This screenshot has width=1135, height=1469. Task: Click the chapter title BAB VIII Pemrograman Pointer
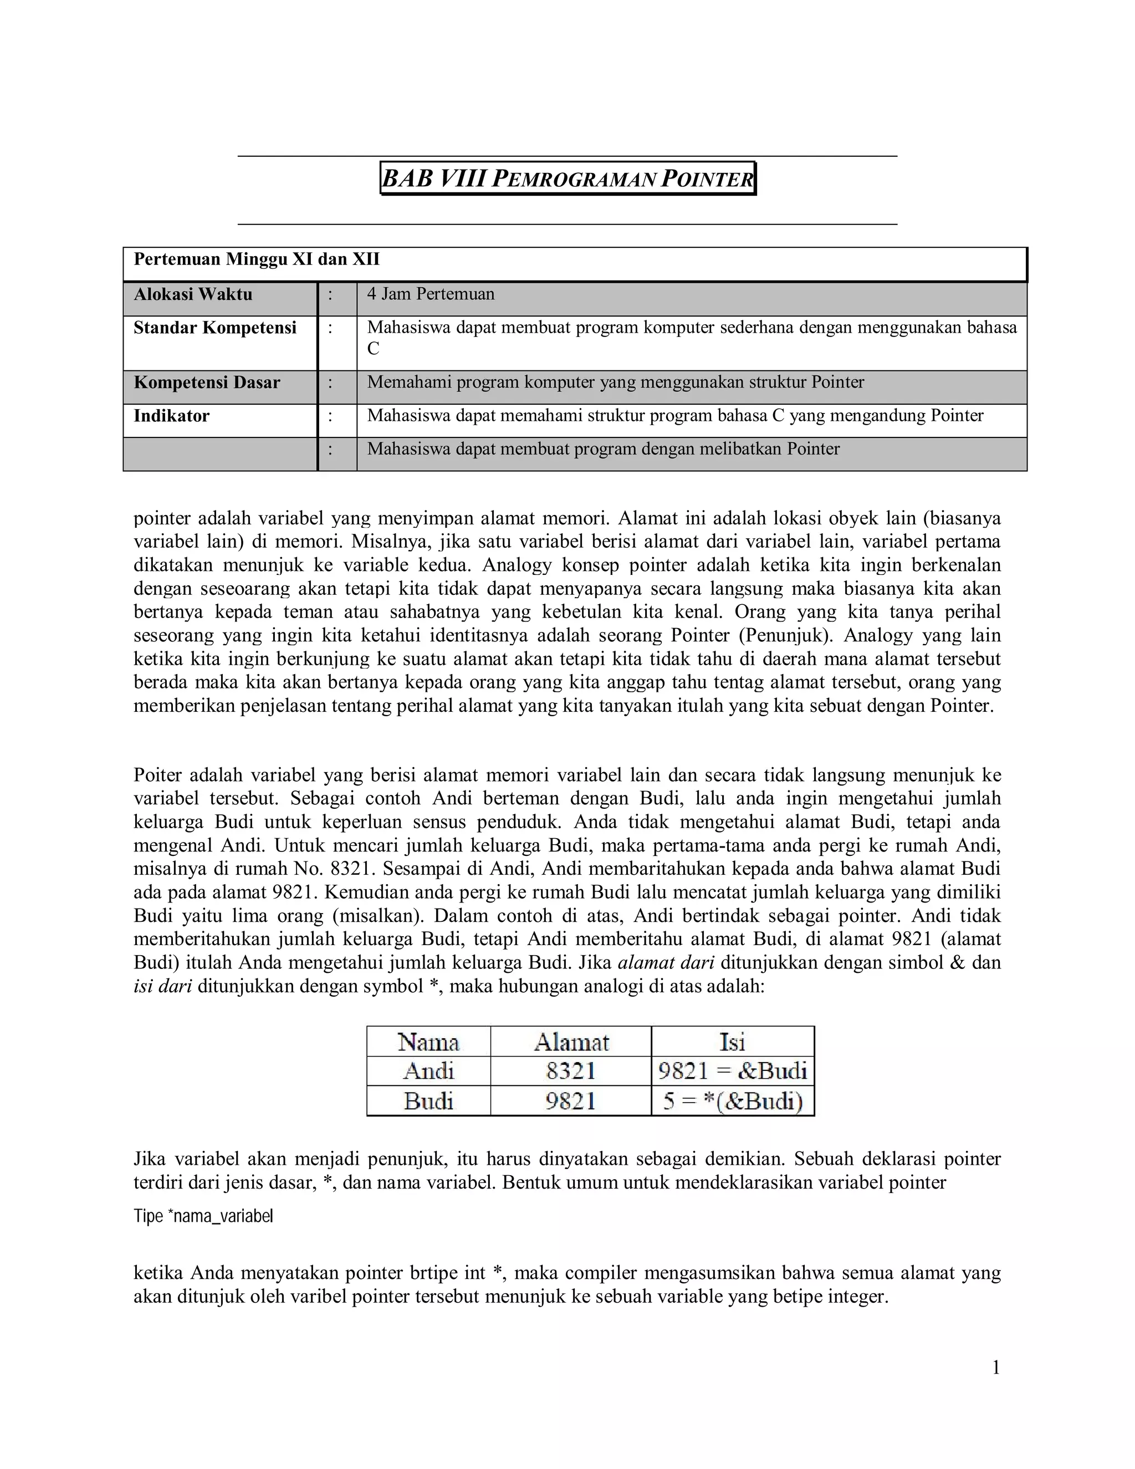(567, 179)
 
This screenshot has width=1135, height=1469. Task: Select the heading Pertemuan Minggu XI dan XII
(256, 259)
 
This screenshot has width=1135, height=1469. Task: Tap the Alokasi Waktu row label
(193, 294)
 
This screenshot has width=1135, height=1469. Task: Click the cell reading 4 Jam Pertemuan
(430, 294)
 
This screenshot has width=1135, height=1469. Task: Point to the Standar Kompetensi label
(214, 328)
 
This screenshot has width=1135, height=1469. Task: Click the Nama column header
(428, 1042)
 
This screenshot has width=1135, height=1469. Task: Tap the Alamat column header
(571, 1042)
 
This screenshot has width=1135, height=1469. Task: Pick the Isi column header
(732, 1042)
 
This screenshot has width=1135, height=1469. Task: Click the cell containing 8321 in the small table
(571, 1071)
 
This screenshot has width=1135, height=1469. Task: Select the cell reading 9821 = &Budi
(732, 1071)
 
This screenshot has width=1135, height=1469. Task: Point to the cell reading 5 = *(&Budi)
(732, 1101)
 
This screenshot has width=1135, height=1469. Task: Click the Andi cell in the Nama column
(428, 1071)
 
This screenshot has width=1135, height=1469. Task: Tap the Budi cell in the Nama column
(428, 1101)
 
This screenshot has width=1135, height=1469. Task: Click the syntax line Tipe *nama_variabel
(203, 1216)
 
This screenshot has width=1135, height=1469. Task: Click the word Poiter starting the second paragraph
(157, 775)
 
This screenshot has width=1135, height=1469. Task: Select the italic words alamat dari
(666, 962)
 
